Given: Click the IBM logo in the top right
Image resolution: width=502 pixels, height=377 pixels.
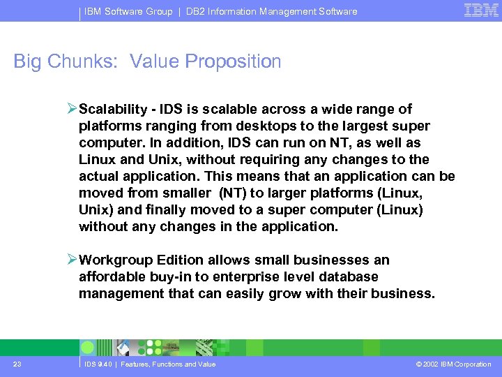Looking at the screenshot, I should [x=480, y=10].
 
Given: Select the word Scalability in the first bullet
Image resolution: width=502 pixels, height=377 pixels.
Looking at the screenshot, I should [x=114, y=110].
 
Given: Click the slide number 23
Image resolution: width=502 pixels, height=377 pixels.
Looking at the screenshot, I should [x=17, y=364].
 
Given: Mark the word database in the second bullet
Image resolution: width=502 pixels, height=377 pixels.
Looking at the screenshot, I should [x=348, y=277].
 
